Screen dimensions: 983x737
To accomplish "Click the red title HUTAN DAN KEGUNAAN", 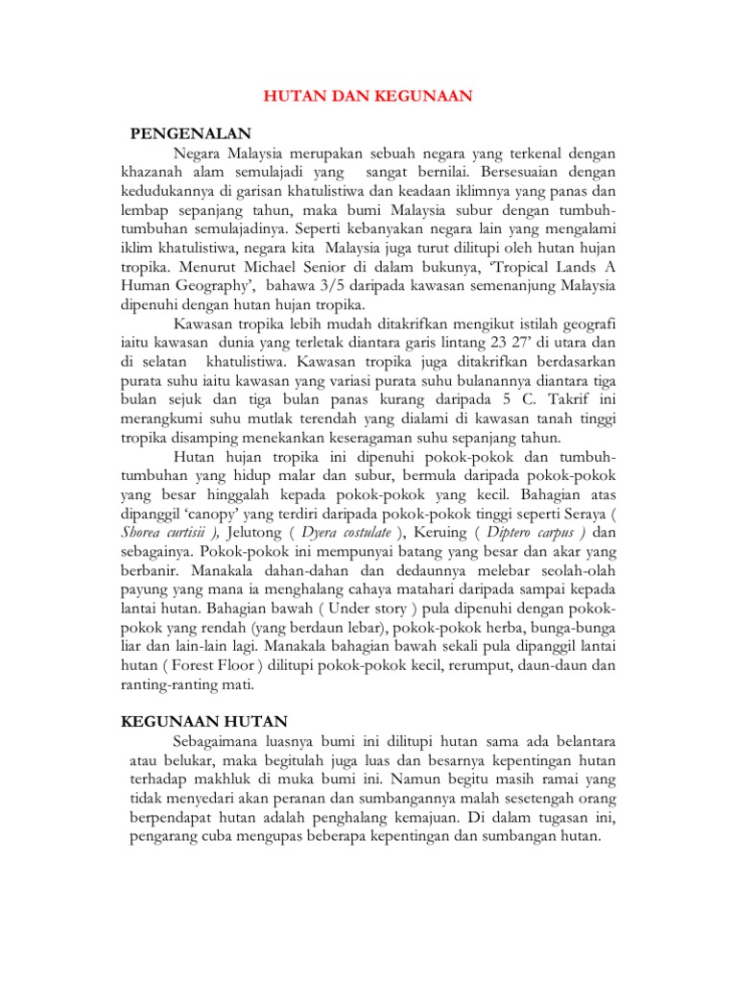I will click(x=368, y=96).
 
